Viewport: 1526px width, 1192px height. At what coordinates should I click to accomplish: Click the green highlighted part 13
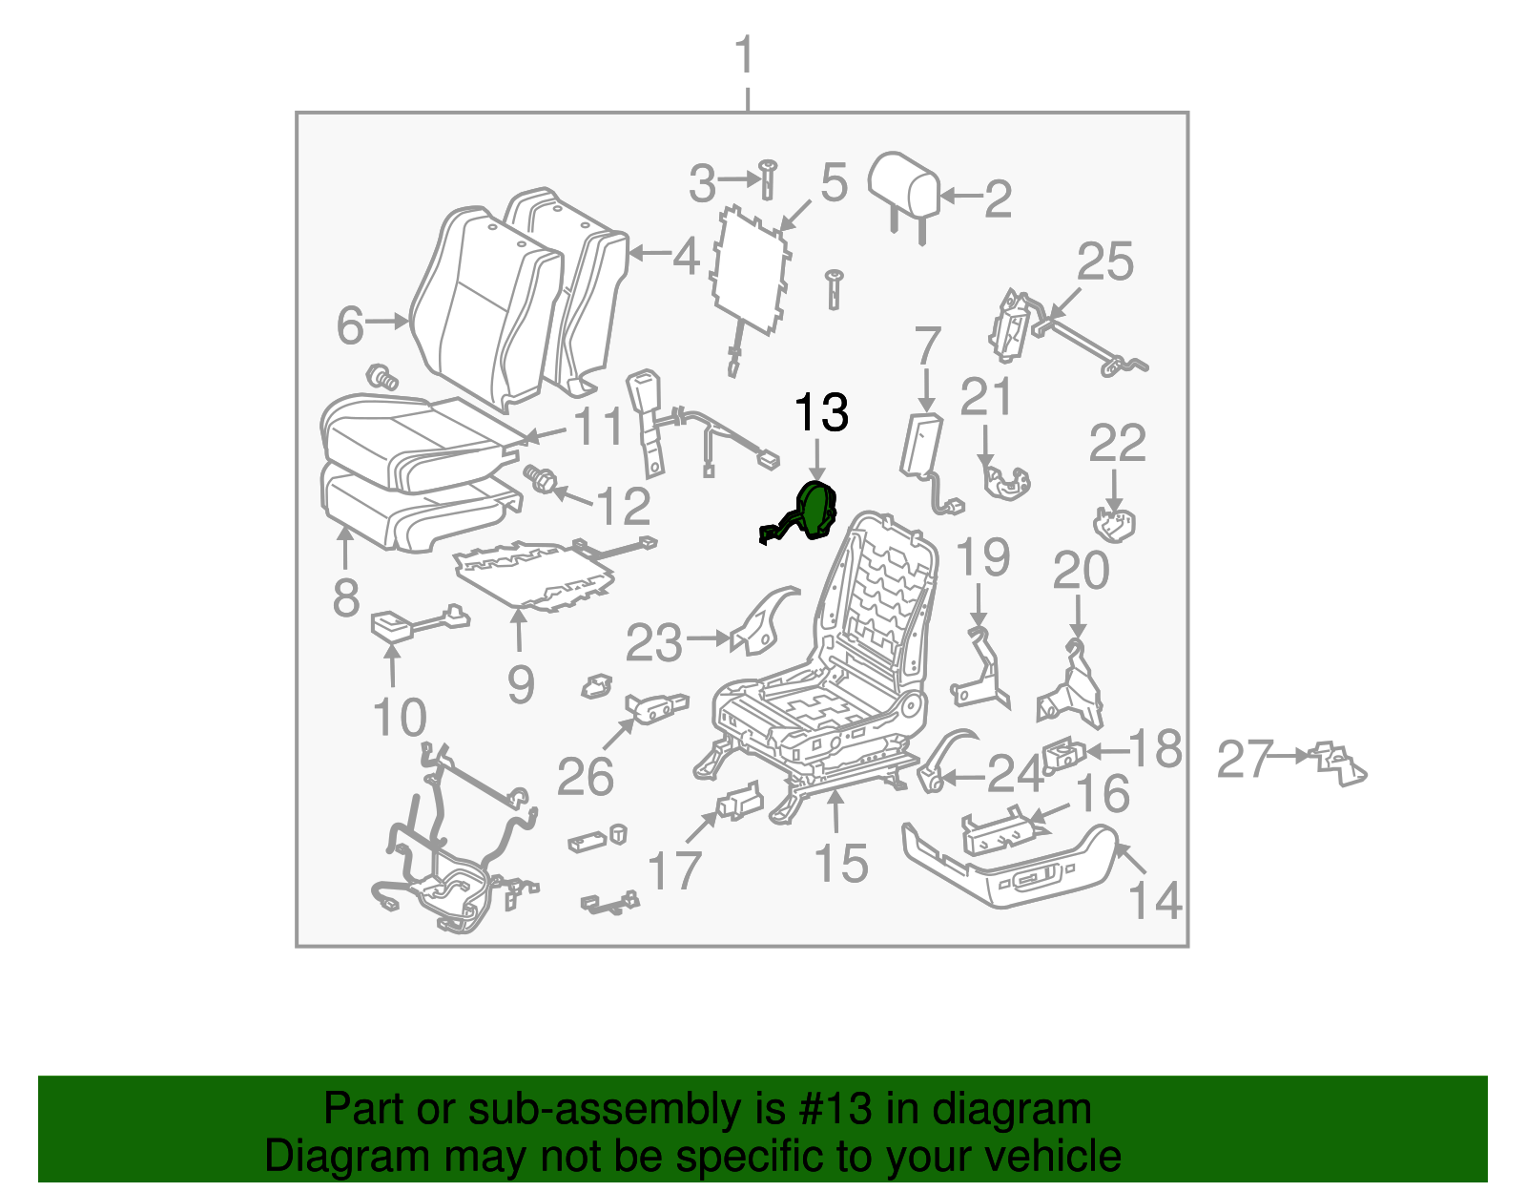pyautogui.click(x=814, y=512)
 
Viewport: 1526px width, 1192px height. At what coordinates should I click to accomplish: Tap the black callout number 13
pyautogui.click(x=820, y=413)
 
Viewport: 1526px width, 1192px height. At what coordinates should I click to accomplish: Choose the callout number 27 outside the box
pyautogui.click(x=1245, y=760)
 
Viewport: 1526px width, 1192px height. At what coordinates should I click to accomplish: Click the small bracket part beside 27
pyautogui.click(x=1339, y=762)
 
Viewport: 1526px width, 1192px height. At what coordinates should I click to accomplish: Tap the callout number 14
pyautogui.click(x=1155, y=899)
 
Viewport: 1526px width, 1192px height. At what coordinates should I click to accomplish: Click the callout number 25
pyautogui.click(x=1105, y=261)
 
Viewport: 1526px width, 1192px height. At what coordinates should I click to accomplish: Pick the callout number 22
pyautogui.click(x=1117, y=443)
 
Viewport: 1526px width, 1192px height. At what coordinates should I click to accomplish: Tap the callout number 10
pyautogui.click(x=399, y=718)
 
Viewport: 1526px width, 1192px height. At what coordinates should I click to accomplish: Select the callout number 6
pyautogui.click(x=350, y=325)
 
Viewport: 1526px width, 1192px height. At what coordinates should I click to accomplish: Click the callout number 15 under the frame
pyautogui.click(x=841, y=863)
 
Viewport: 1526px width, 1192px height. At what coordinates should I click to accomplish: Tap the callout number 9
pyautogui.click(x=520, y=683)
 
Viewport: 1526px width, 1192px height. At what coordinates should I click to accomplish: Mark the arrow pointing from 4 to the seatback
pyautogui.click(x=649, y=254)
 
